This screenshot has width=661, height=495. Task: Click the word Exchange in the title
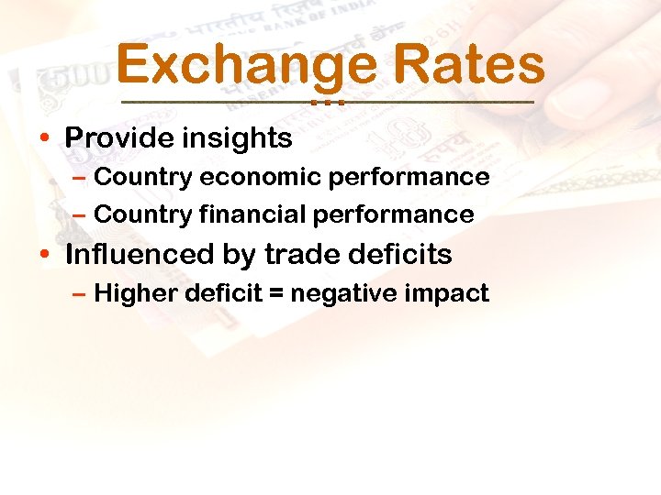click(x=246, y=66)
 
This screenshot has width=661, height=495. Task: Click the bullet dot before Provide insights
click(x=45, y=139)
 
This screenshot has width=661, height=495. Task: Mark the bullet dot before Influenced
click(x=45, y=255)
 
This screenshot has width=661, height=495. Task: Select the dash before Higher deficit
click(x=79, y=294)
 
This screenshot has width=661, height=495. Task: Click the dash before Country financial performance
click(x=79, y=215)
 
